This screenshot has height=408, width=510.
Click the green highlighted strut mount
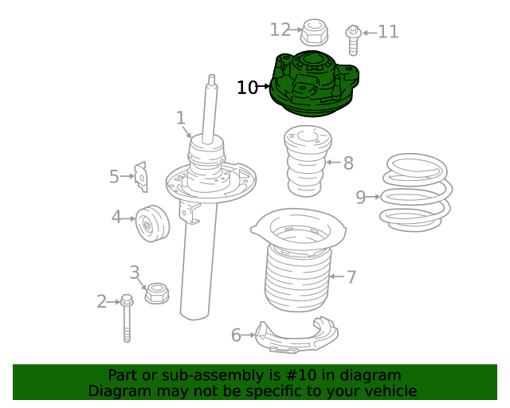tap(314, 84)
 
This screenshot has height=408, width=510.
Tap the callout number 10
tap(247, 88)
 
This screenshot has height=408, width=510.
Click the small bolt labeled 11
tap(353, 40)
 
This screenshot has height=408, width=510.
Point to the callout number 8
tap(348, 163)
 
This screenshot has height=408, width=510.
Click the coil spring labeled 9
tap(416, 193)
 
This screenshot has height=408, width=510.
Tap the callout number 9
tap(361, 197)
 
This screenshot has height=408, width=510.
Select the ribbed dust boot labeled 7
tap(298, 261)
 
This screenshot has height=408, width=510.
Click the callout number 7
tap(351, 277)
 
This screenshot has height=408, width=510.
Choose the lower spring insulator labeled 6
tap(296, 335)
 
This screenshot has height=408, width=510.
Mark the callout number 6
tap(236, 335)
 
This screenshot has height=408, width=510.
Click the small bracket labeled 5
tap(141, 177)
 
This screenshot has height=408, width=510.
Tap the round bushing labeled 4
tap(152, 223)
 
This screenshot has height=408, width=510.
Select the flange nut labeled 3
tap(157, 293)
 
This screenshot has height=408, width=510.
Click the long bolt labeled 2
tap(127, 318)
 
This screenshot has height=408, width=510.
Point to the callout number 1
tap(181, 118)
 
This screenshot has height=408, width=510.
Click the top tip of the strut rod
tap(212, 75)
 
